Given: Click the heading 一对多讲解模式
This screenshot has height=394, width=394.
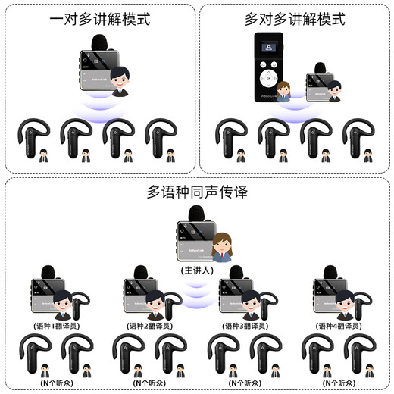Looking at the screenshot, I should [x=98, y=19].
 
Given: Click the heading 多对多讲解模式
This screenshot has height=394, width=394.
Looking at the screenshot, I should [x=295, y=19].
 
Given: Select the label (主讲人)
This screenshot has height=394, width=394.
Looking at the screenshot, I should [x=197, y=270].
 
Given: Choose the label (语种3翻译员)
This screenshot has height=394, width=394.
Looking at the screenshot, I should [x=245, y=326].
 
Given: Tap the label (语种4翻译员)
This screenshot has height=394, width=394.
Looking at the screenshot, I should [x=339, y=326].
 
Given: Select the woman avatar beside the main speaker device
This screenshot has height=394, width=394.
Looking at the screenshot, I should [x=223, y=248].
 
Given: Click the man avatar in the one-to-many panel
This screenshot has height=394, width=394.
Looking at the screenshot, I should [x=119, y=80].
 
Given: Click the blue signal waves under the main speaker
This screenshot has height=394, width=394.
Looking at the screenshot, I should [x=197, y=292].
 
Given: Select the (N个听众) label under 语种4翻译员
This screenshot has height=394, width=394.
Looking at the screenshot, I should [x=339, y=383].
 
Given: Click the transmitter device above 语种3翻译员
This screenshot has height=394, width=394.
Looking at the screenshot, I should [x=235, y=298].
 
